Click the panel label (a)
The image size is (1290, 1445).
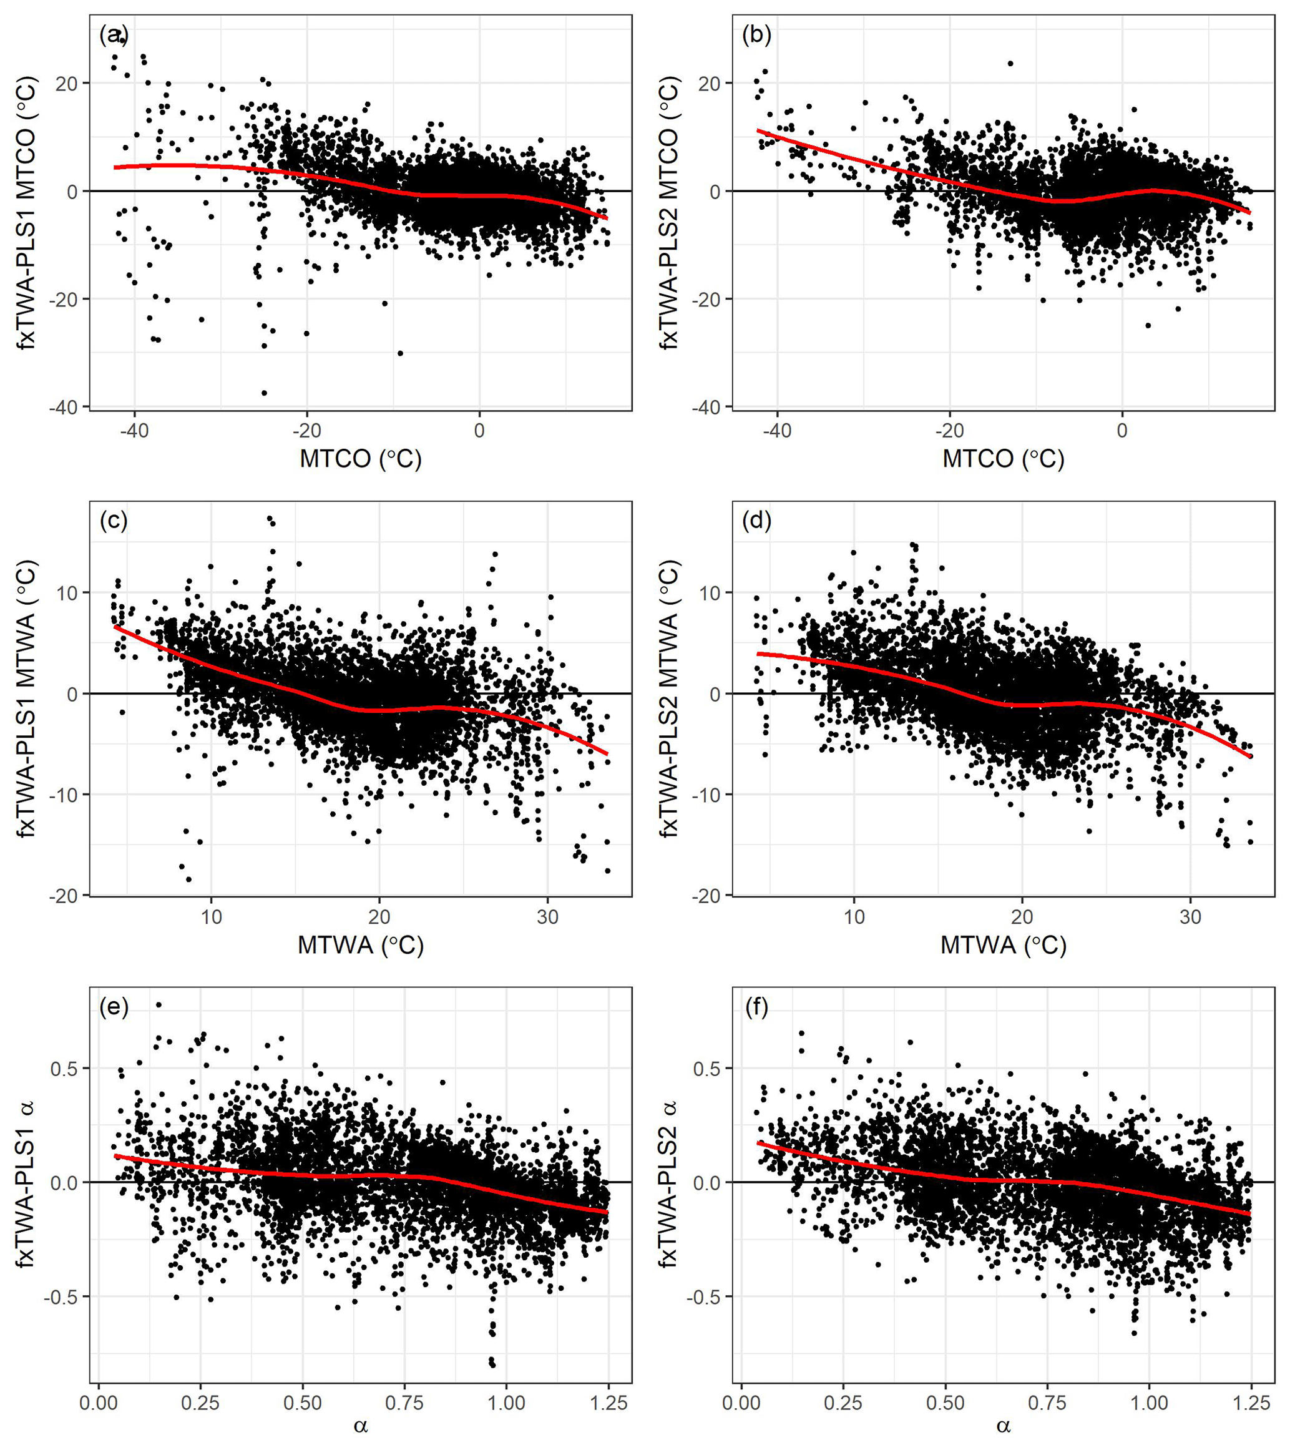[x=114, y=34]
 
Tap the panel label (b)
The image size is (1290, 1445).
[x=756, y=34]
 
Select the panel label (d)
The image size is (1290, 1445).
[x=756, y=521]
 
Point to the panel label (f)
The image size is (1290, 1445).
[x=756, y=1007]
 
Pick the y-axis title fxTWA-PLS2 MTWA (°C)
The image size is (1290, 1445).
[x=669, y=698]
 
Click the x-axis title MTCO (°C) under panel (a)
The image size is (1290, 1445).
[x=361, y=459]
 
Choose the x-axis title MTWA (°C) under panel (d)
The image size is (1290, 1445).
[x=1003, y=945]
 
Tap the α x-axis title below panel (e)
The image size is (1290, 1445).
[x=361, y=1426]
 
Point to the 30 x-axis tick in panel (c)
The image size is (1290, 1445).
[x=547, y=917]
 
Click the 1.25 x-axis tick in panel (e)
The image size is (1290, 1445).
[x=608, y=1403]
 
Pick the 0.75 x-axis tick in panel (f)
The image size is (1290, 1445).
[x=1047, y=1403]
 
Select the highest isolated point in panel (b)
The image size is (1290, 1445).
[x=1010, y=63]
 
